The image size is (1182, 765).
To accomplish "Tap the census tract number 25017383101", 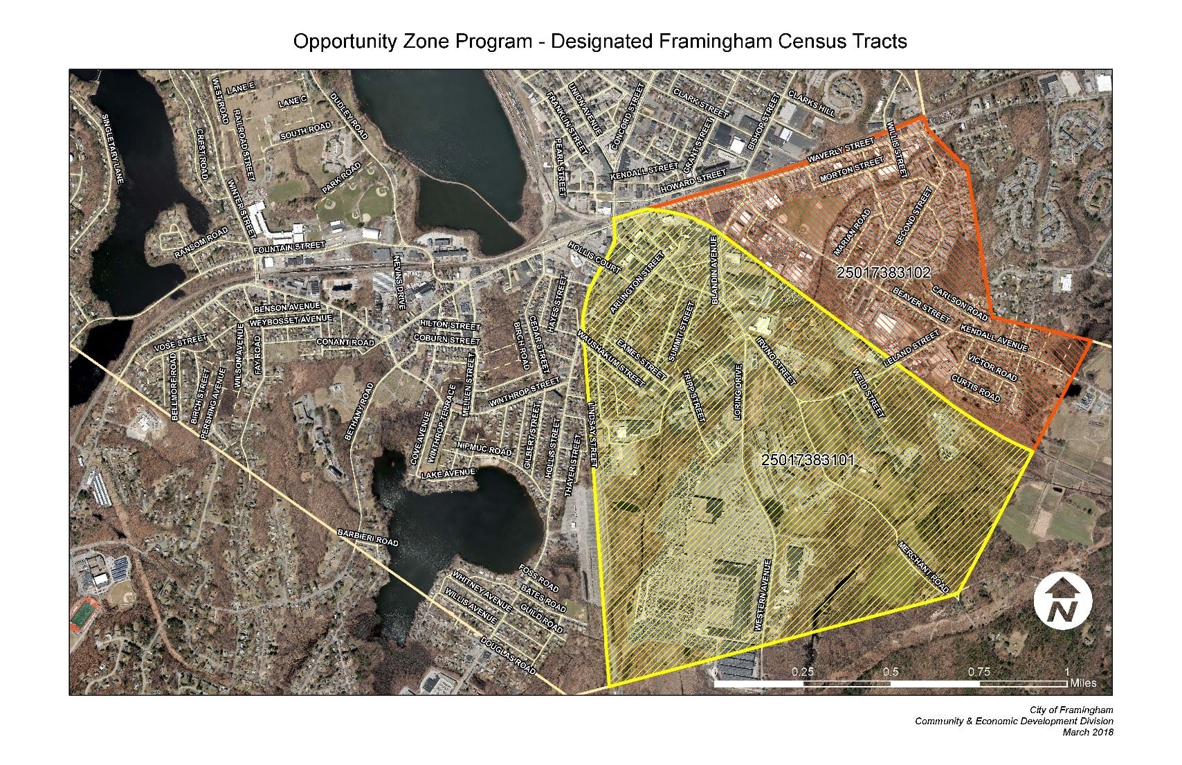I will [808, 460].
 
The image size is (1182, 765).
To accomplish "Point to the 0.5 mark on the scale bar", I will [891, 672].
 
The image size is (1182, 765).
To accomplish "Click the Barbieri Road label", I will [367, 538].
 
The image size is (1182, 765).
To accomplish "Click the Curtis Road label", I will [976, 388].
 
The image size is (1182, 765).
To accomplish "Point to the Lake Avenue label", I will [448, 473].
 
